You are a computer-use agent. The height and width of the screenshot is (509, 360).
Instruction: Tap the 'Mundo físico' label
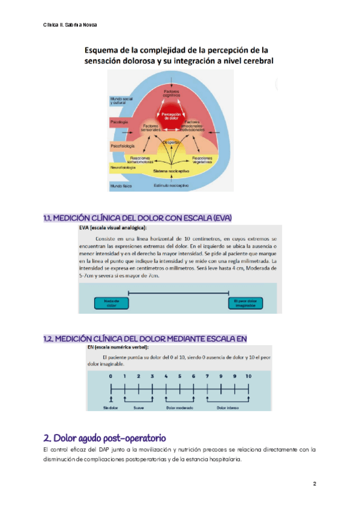[121, 187]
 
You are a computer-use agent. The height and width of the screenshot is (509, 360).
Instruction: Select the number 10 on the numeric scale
[248, 376]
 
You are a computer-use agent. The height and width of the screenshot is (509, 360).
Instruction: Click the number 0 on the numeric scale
[110, 376]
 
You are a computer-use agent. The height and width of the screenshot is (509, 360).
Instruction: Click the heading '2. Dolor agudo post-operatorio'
[105, 437]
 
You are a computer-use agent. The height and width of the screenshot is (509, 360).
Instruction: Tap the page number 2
[314, 483]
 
